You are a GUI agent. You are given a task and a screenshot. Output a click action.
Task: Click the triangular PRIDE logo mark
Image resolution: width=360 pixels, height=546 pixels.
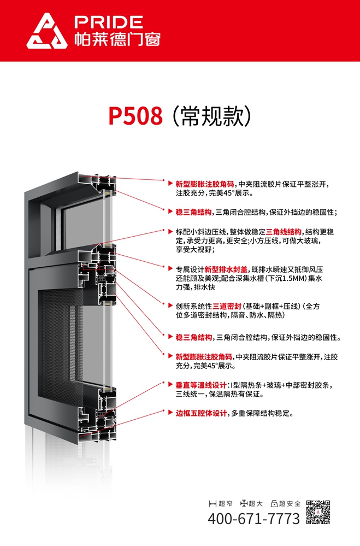click(x=46, y=31)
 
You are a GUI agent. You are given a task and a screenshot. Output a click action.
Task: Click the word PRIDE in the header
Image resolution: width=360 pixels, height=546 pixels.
click(x=109, y=22)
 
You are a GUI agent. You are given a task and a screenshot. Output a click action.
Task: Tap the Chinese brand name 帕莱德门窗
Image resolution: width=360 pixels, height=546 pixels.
click(x=117, y=39)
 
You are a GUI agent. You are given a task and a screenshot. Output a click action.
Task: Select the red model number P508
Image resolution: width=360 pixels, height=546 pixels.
click(x=135, y=116)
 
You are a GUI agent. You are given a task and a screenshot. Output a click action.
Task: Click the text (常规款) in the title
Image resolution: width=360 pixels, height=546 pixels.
click(x=211, y=116)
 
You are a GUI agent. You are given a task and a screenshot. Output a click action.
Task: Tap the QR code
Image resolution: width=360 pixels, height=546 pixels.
click(x=318, y=512)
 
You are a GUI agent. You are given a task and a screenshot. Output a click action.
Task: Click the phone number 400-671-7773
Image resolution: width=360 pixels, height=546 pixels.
click(x=254, y=519)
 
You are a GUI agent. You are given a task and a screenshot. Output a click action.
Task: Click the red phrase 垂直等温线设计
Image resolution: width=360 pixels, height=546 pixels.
click(x=201, y=385)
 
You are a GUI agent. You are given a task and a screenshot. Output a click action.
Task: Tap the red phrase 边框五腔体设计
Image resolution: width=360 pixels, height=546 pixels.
click(x=201, y=413)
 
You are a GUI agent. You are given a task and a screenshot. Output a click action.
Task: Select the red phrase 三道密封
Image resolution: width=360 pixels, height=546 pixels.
click(x=227, y=306)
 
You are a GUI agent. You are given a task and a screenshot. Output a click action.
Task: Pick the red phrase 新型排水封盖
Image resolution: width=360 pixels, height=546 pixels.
click(x=226, y=269)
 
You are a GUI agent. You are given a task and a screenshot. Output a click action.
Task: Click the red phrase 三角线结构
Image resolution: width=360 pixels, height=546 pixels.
click(x=284, y=232)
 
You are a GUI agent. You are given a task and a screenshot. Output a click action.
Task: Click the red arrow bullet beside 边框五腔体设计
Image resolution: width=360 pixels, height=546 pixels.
click(x=170, y=413)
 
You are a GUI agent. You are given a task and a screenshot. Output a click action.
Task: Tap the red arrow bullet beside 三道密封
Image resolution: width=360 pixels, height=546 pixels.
click(x=170, y=306)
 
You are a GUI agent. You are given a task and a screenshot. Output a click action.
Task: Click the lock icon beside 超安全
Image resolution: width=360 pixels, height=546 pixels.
click(x=274, y=503)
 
